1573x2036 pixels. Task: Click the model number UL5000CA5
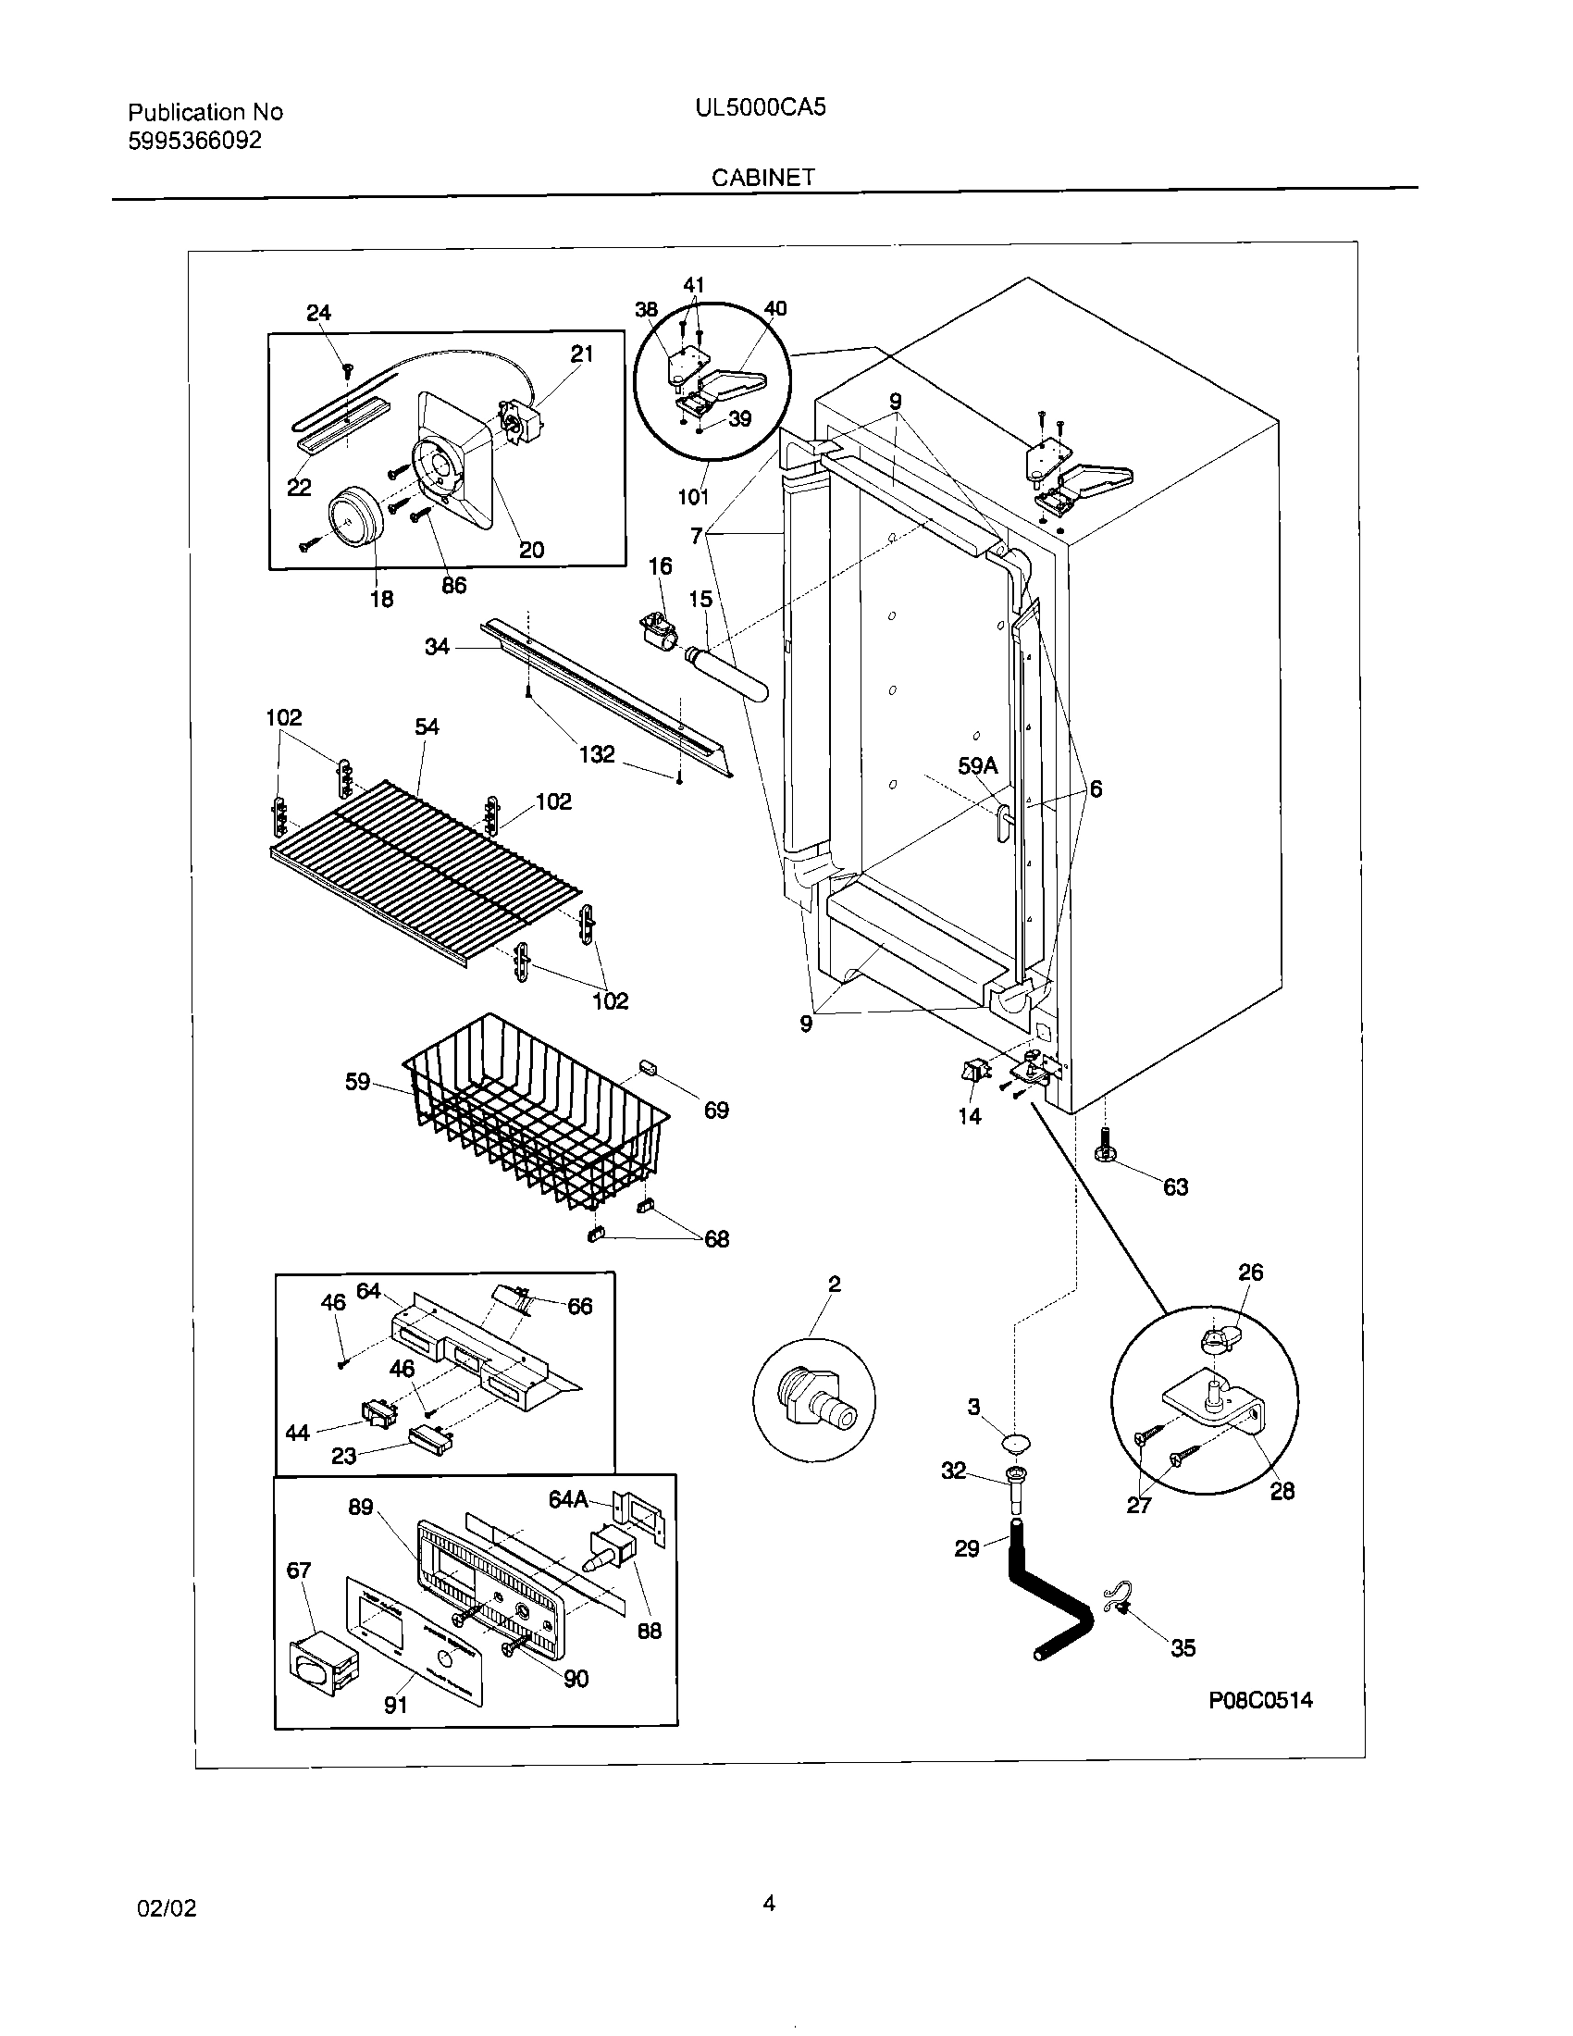pyautogui.click(x=760, y=108)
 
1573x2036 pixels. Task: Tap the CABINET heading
pyautogui.click(x=762, y=178)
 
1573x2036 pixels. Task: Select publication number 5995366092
pyautogui.click(x=193, y=141)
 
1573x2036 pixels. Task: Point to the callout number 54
pyautogui.click(x=427, y=726)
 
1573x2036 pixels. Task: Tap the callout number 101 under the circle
pyautogui.click(x=692, y=497)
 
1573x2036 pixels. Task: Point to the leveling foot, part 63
pyautogui.click(x=1109, y=1148)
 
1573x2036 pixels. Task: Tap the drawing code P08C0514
pyautogui.click(x=1260, y=1700)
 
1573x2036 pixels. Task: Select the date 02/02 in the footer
pyautogui.click(x=167, y=1908)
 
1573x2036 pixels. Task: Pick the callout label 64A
pyautogui.click(x=567, y=1499)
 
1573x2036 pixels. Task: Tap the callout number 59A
pyautogui.click(x=977, y=766)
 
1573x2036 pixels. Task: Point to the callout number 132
pyautogui.click(x=597, y=753)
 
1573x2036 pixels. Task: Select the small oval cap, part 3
pyautogui.click(x=1015, y=1444)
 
